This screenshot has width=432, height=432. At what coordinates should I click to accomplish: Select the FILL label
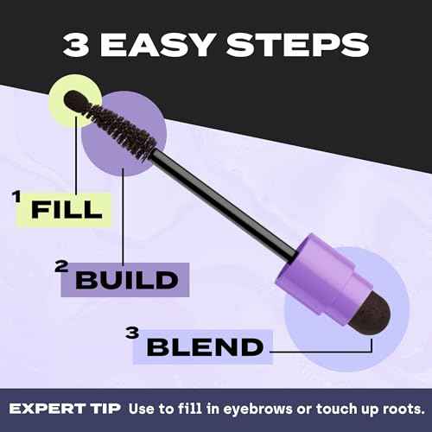pyautogui.click(x=67, y=208)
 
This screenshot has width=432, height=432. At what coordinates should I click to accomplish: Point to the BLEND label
pyautogui.click(x=205, y=346)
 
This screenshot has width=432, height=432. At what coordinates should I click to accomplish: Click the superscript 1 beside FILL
pyautogui.click(x=16, y=198)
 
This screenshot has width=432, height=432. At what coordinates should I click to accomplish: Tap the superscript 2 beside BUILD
pyautogui.click(x=60, y=267)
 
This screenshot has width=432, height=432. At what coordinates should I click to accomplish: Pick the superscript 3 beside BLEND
pyautogui.click(x=131, y=334)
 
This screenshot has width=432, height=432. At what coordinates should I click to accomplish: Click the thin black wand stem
pyautogui.click(x=225, y=204)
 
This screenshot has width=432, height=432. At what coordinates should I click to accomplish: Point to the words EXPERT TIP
pyautogui.click(x=67, y=408)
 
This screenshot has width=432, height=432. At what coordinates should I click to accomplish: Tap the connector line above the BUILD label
pyautogui.click(x=124, y=216)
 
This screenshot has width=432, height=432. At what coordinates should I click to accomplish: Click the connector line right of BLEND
pyautogui.click(x=320, y=352)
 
